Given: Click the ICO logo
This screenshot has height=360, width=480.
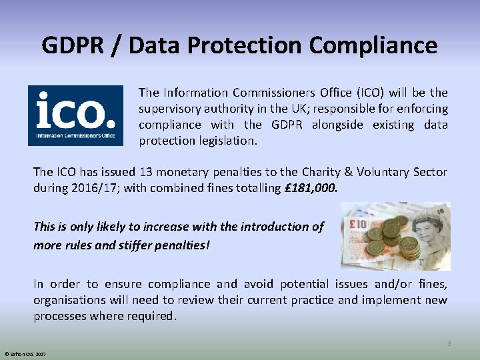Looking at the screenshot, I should tap(75, 115).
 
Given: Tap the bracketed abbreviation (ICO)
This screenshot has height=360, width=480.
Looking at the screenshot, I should tap(367, 93).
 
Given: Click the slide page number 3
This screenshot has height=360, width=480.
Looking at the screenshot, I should tap(449, 343).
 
